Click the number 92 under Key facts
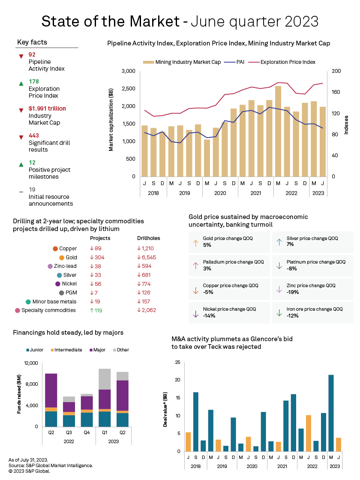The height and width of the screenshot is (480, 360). [x=32, y=54]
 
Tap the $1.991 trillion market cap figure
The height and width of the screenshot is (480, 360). [x=47, y=108]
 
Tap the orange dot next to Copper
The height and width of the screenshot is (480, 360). [x=55, y=249]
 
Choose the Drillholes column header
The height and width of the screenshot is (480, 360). [x=148, y=238]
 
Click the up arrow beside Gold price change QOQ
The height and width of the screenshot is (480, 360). [x=196, y=243]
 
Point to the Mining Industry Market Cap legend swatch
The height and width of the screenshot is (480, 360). [x=148, y=62]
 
